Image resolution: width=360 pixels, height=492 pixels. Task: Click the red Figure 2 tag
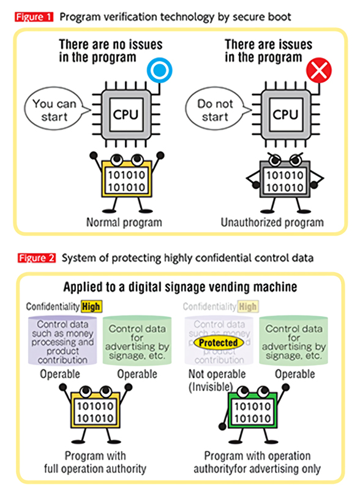[x=33, y=258]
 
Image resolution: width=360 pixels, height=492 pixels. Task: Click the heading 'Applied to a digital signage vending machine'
[x=180, y=287]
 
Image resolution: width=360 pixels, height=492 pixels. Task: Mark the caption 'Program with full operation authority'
[x=96, y=462]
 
